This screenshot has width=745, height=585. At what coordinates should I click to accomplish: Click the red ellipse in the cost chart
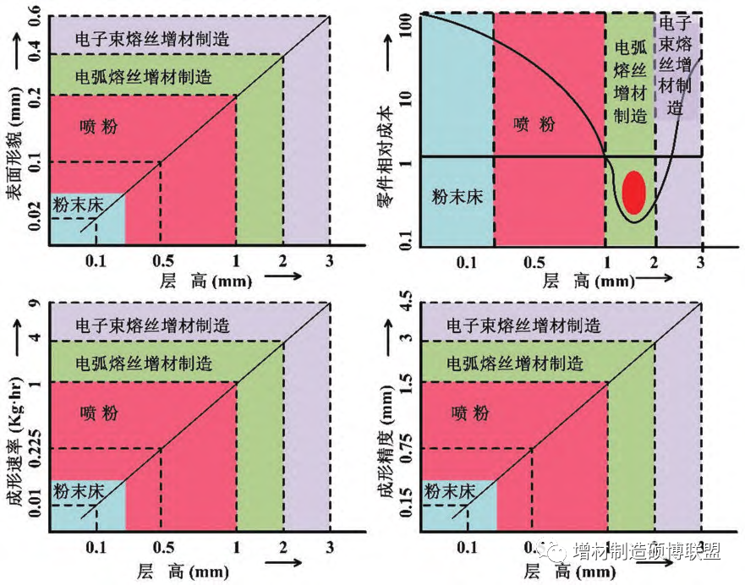click(633, 191)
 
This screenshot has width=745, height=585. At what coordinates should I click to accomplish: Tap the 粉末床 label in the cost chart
click(457, 197)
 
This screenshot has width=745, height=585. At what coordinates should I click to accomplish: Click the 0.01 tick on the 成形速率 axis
click(35, 506)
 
